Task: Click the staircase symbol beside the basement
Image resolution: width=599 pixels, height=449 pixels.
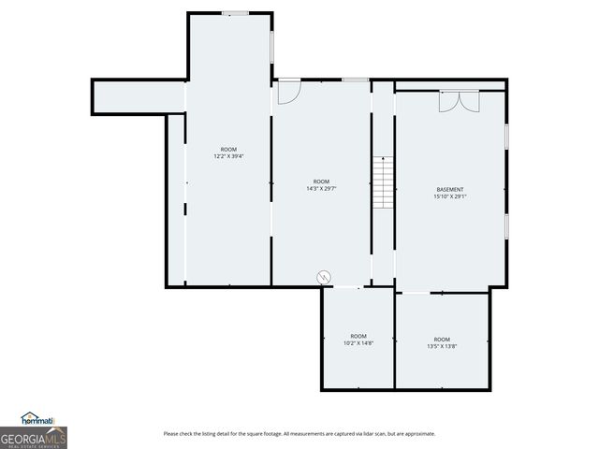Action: tap(383, 182)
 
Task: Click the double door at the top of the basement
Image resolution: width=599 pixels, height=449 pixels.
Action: tap(459, 100)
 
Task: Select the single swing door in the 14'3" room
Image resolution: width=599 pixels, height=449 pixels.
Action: tap(288, 92)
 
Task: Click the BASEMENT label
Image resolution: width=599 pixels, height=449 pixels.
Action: tap(450, 190)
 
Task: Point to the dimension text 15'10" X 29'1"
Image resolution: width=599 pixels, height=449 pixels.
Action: tap(450, 197)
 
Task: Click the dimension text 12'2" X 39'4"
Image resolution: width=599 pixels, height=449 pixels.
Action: tap(228, 156)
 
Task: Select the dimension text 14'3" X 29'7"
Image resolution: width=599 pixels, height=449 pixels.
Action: tap(321, 189)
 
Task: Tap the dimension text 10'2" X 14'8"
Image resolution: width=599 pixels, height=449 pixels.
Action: tap(358, 343)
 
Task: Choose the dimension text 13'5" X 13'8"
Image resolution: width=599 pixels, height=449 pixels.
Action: tap(442, 346)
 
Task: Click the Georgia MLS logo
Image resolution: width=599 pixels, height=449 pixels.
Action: tap(33, 437)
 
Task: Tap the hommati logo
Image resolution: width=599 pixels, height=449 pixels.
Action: tap(38, 418)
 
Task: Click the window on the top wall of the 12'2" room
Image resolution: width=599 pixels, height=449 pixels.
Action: tap(235, 13)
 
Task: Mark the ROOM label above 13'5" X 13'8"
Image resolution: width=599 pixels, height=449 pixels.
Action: tap(442, 339)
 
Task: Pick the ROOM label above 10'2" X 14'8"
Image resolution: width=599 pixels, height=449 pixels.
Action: tap(358, 336)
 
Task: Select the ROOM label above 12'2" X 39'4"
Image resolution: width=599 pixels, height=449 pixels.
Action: tap(228, 150)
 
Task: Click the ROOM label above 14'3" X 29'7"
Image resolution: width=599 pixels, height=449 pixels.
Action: tap(321, 181)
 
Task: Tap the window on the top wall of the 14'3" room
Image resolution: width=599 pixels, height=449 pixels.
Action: tap(355, 80)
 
